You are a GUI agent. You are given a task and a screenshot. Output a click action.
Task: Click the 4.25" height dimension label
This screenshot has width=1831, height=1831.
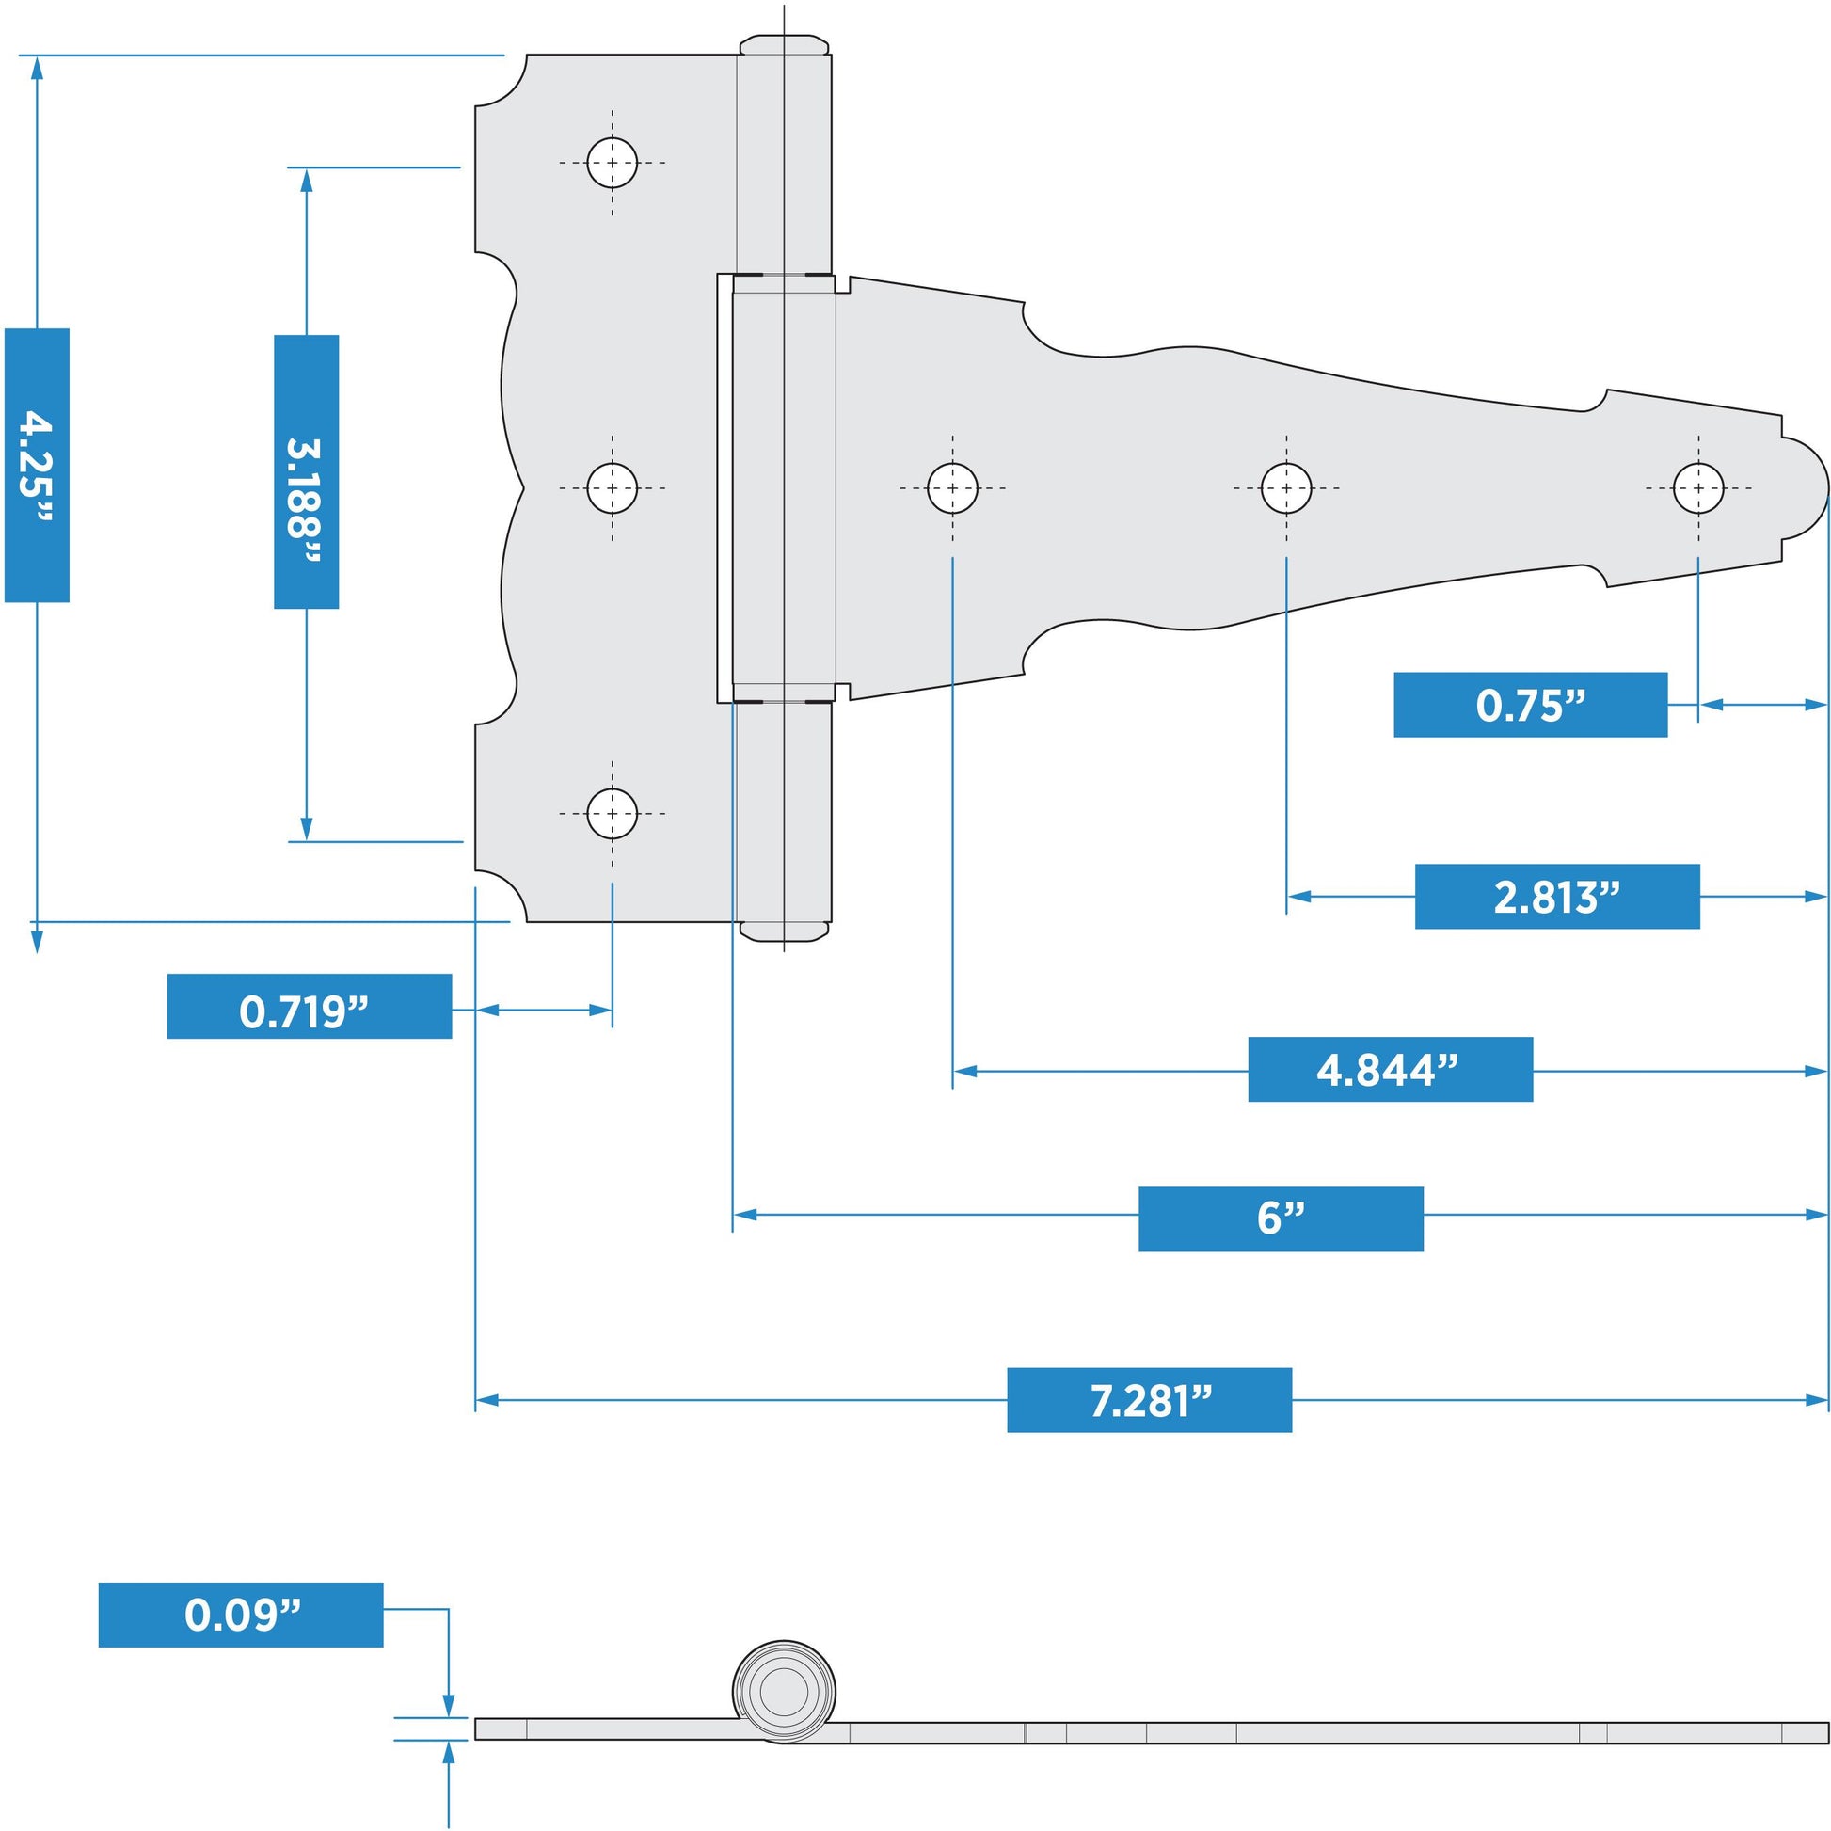[x=37, y=466]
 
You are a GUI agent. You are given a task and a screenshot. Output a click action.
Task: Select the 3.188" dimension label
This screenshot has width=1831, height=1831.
[x=306, y=471]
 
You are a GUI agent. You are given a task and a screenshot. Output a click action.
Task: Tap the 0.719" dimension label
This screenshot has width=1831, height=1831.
[x=309, y=1006]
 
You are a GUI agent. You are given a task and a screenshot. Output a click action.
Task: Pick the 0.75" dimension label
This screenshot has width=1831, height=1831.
[x=1530, y=704]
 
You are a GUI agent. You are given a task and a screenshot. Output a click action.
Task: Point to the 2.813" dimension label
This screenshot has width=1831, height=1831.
[x=1556, y=896]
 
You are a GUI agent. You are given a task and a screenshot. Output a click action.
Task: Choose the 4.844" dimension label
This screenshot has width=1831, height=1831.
[x=1390, y=1069]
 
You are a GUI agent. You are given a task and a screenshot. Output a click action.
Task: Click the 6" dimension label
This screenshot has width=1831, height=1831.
[x=1281, y=1218]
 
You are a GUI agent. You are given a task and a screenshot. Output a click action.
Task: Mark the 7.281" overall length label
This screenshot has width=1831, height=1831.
[x=1149, y=1400]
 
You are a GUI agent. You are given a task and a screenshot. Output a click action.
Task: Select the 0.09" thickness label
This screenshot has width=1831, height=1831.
[x=241, y=1614]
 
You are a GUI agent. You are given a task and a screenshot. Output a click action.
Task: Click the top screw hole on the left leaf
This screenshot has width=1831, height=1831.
[x=613, y=163]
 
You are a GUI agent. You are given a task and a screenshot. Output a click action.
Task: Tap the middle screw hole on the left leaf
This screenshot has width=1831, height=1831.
[x=613, y=488]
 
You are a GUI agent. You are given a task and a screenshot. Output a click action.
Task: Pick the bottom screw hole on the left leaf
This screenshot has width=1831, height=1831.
[x=613, y=813]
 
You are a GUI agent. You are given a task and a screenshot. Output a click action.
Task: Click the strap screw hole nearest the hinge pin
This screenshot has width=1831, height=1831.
[x=952, y=488]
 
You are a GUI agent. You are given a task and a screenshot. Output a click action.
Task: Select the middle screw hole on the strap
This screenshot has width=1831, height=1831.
[x=1286, y=488]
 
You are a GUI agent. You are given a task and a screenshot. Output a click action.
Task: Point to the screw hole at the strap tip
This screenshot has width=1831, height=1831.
[x=1698, y=488]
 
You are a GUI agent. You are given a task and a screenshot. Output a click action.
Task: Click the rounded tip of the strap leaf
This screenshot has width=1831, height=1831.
[x=1810, y=489]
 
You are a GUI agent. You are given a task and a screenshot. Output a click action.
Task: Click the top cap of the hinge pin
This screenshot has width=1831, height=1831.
[x=784, y=44]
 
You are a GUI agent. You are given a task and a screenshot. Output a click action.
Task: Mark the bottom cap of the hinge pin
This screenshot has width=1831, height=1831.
[x=784, y=931]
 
